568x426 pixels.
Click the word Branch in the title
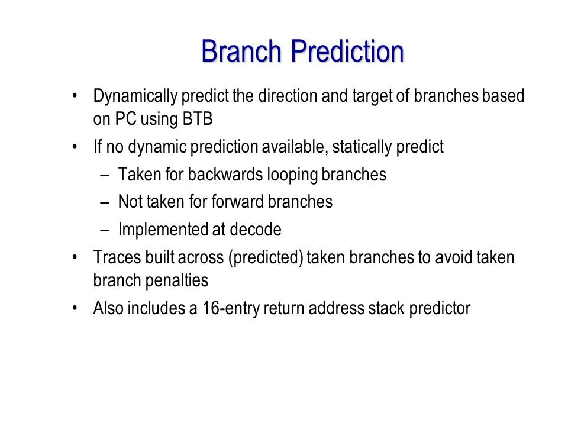(241, 51)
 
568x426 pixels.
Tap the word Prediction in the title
(347, 51)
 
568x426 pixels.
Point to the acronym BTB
(198, 118)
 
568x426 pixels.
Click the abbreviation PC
(125, 118)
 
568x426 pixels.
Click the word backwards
(225, 174)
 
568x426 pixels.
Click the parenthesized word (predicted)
(266, 258)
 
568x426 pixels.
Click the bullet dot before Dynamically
(75, 96)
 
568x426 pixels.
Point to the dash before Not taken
(105, 202)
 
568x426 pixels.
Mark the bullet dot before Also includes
(75, 308)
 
